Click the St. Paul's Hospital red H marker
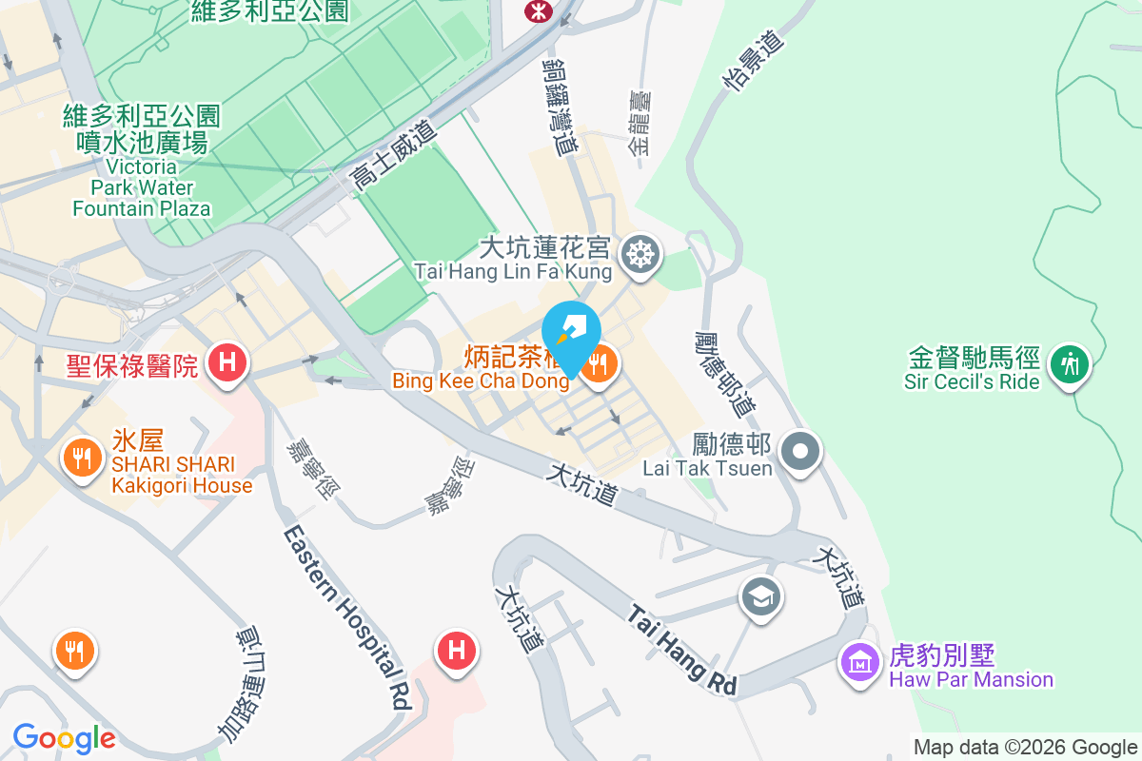(226, 362)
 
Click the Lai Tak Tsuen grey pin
(800, 450)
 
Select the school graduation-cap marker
(762, 597)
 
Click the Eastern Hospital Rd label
(347, 618)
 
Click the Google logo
(64, 738)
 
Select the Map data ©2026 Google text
(1025, 747)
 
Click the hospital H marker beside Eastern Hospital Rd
(456, 652)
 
